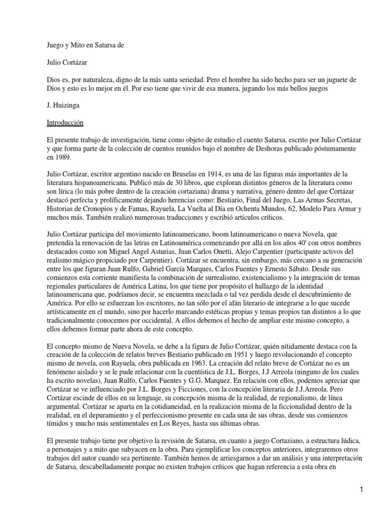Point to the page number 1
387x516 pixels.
tap(375, 489)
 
